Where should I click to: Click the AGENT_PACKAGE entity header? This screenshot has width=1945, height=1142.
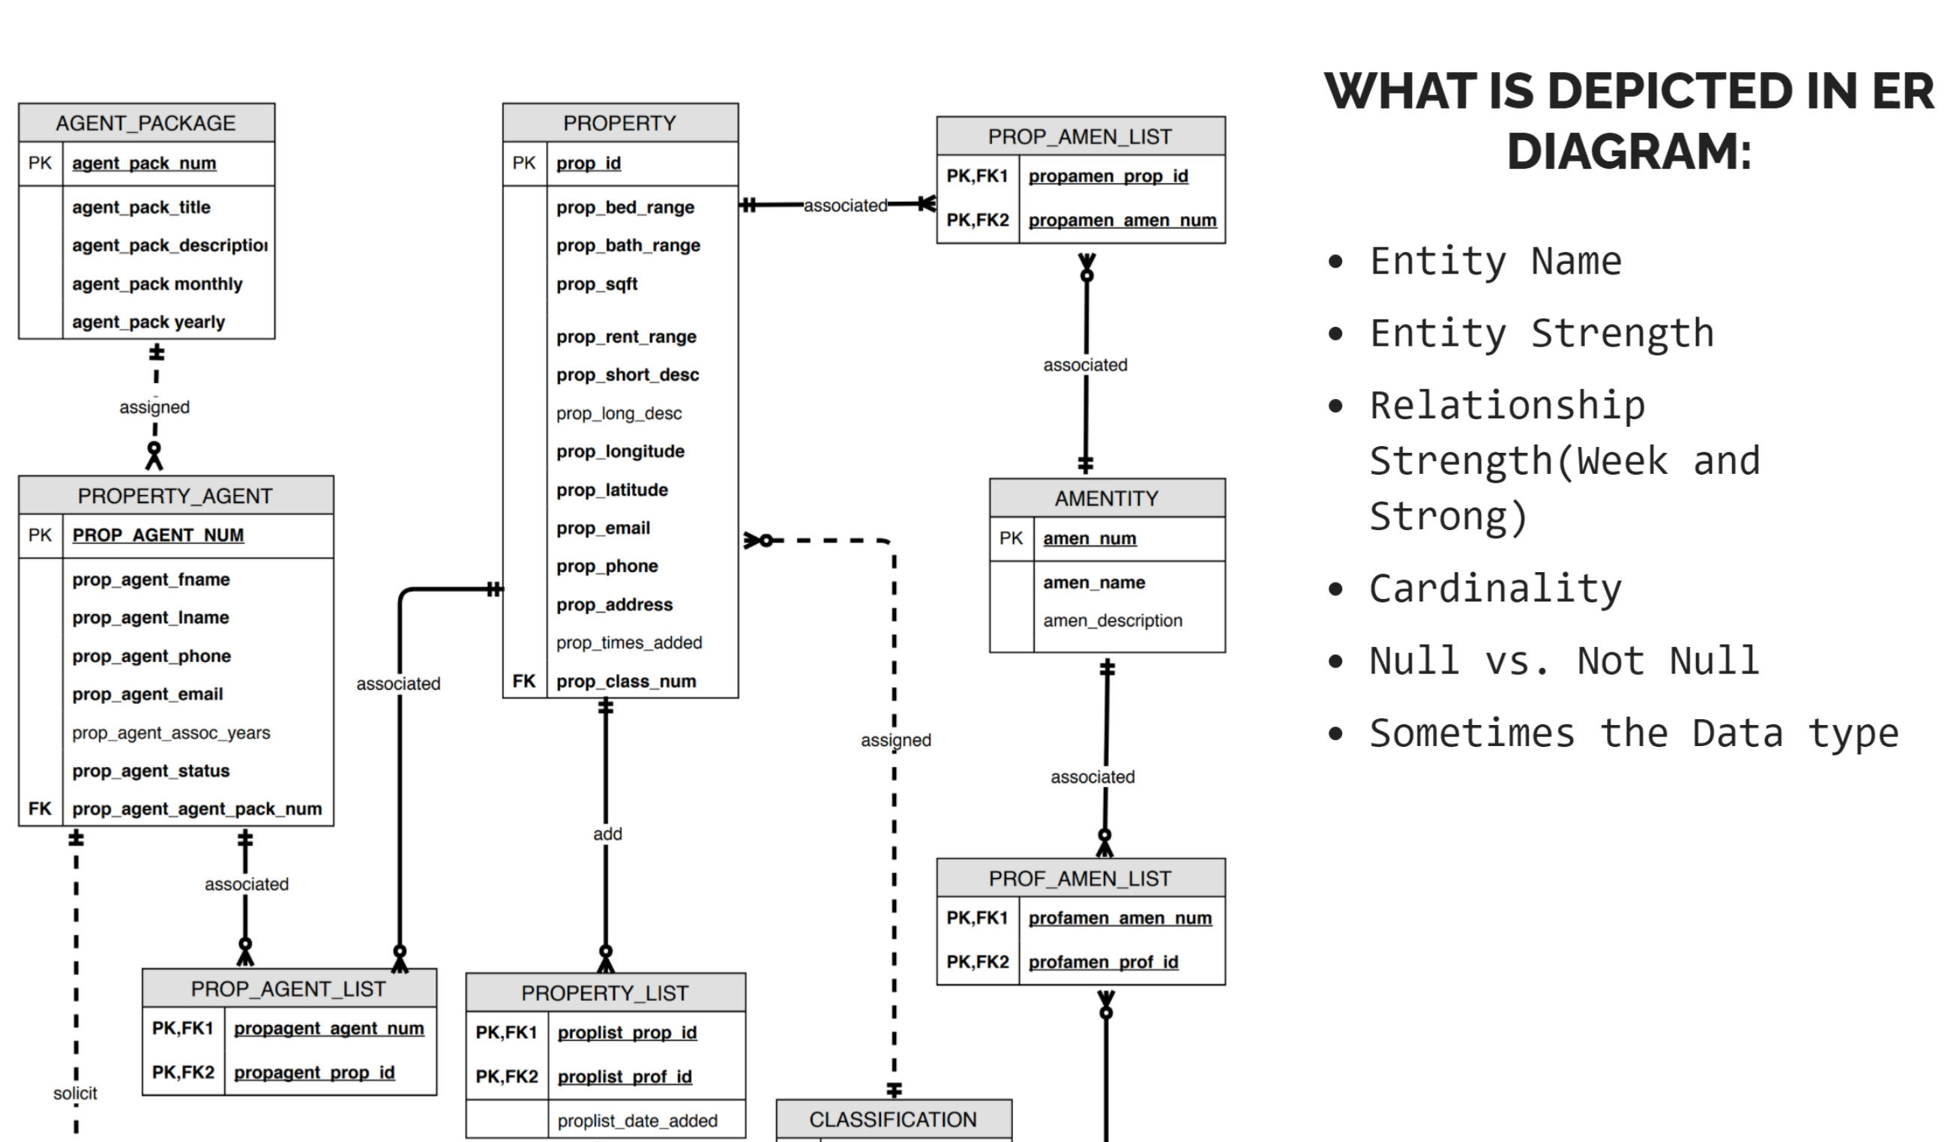(x=146, y=124)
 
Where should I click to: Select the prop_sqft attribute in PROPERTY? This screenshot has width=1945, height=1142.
(x=597, y=284)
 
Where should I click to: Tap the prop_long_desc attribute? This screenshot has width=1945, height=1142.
(x=619, y=414)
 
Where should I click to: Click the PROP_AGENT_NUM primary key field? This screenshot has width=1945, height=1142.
(x=158, y=535)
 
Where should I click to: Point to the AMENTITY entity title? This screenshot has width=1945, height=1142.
(x=1106, y=499)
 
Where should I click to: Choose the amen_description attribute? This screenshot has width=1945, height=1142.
(x=1112, y=620)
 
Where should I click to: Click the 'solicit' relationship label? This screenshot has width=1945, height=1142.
(x=75, y=1093)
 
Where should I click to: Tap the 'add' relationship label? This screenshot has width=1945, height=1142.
(x=607, y=834)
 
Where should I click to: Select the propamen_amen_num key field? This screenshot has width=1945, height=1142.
(x=1122, y=220)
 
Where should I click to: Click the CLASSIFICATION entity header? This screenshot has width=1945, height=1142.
(x=893, y=1120)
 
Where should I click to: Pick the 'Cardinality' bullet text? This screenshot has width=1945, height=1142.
(x=1495, y=589)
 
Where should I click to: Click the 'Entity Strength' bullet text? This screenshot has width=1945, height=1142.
(x=1542, y=334)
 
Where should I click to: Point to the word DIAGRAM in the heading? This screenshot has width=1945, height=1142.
(x=1629, y=151)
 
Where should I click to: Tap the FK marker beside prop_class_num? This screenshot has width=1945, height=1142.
(x=524, y=682)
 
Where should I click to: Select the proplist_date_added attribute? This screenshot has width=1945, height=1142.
(x=637, y=1121)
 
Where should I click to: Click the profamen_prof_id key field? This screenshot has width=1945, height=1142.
(x=1103, y=962)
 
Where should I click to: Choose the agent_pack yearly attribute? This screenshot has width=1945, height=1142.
(x=148, y=322)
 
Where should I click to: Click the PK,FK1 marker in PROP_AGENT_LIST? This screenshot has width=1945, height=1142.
(x=183, y=1029)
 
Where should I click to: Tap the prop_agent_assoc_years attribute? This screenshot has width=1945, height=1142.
(x=172, y=733)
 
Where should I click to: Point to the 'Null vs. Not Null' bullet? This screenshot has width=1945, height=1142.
(x=1563, y=661)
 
